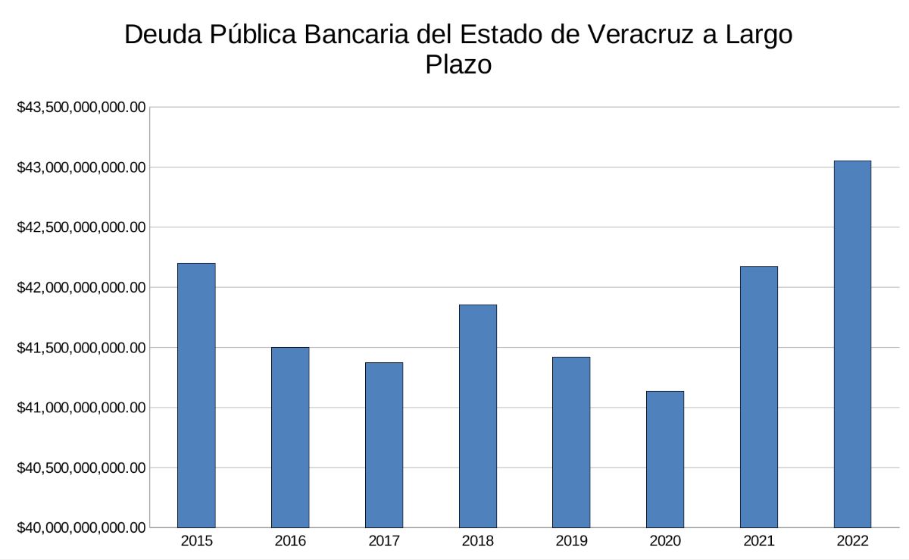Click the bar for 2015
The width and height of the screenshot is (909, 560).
coord(196,395)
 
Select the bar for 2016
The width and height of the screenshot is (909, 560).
coord(290,437)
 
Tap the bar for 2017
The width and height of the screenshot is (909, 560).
coord(384,445)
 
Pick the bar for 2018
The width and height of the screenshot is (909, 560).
coord(478,416)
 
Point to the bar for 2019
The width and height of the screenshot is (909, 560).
coord(571,442)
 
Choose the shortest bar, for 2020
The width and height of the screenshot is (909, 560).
coord(665,459)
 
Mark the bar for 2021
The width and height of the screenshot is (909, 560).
coord(759,396)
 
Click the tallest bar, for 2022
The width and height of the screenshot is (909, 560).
coord(852,344)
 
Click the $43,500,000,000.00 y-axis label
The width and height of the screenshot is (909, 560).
coord(81,108)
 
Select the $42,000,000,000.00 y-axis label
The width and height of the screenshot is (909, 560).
coord(81,288)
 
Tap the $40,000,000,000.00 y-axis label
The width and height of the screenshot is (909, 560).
coord(81,528)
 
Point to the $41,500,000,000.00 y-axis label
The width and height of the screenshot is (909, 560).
coord(81,348)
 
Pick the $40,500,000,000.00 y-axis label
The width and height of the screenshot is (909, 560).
coord(81,468)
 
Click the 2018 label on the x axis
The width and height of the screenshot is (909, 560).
coord(478,541)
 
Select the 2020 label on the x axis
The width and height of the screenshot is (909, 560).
coord(665,541)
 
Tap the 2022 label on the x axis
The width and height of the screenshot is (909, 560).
coord(852,541)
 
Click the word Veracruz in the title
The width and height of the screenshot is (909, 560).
coord(630,35)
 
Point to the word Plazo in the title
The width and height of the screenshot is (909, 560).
coord(458,64)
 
